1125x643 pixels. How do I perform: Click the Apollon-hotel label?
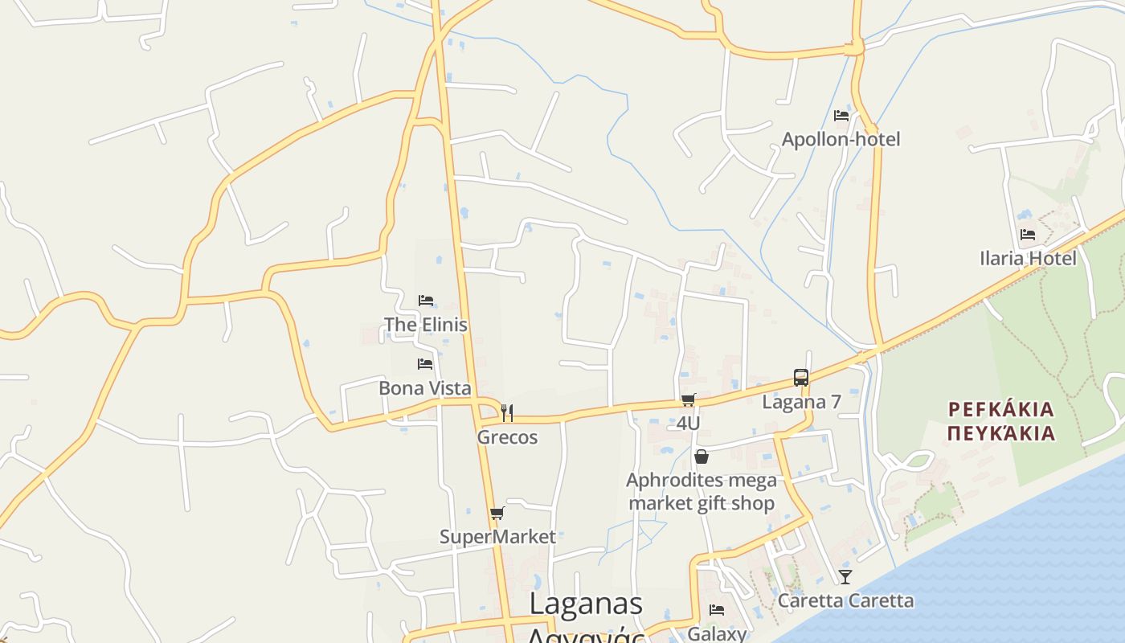point(841,139)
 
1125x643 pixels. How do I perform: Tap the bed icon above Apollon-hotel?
point(841,116)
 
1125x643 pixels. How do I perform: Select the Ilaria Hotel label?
point(1028,258)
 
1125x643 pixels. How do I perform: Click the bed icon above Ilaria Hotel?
point(1028,235)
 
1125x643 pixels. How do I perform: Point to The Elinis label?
point(425,325)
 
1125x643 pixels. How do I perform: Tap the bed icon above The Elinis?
point(426,301)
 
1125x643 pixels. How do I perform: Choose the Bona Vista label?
point(424,388)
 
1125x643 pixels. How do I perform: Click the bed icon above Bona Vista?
point(425,364)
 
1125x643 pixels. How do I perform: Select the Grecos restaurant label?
point(507,437)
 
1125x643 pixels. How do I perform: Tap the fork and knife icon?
point(507,413)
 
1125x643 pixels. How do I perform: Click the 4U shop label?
point(688,423)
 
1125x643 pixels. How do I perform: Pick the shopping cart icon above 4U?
point(688,400)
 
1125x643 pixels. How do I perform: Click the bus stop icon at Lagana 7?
point(800,378)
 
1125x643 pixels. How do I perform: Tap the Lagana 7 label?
point(800,401)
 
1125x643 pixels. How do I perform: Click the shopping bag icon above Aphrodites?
point(702,457)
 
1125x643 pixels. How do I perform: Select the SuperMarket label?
point(497,536)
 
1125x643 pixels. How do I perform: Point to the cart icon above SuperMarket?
point(497,513)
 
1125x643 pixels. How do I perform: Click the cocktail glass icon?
point(845,576)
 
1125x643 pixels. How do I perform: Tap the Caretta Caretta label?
point(845,600)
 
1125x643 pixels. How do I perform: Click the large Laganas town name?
point(587,604)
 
